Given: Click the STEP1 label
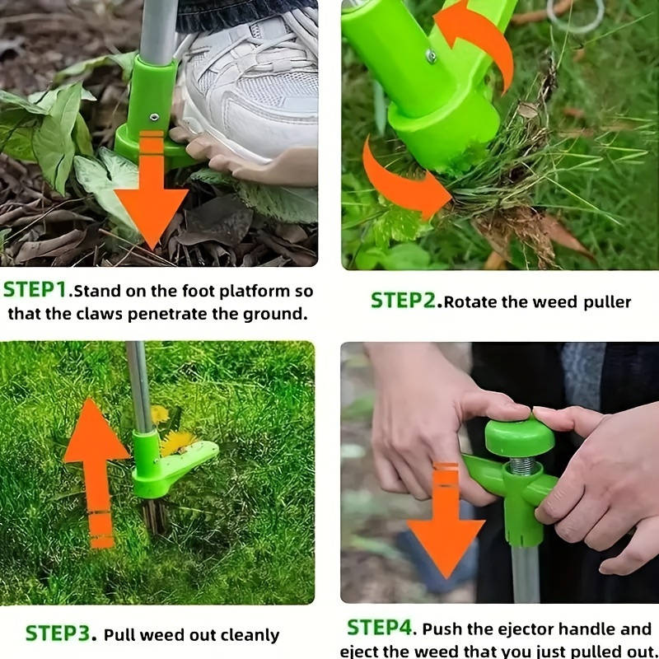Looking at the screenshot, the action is tap(35, 290).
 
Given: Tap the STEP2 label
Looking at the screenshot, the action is tap(403, 301).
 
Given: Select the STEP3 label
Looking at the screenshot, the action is tap(58, 633).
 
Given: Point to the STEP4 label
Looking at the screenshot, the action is tap(379, 628).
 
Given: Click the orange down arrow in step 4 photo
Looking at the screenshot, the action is tap(446, 521).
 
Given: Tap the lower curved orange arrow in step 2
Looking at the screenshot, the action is tap(400, 185).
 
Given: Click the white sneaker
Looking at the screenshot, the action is tap(248, 92).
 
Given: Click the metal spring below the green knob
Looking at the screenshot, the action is tap(522, 466).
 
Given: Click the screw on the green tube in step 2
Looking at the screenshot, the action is tap(431, 56).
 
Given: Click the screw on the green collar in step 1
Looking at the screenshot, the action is tap(154, 117).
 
